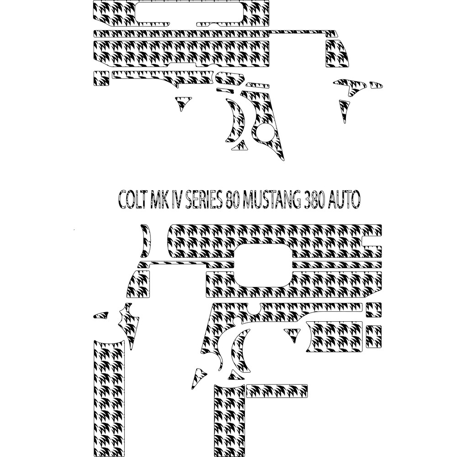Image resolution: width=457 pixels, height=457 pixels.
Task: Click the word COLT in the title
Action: point(132,199)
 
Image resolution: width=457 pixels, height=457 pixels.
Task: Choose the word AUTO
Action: point(344,199)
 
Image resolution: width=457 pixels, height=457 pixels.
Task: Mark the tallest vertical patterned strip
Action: point(109,398)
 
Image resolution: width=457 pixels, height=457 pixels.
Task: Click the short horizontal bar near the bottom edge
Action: point(277,390)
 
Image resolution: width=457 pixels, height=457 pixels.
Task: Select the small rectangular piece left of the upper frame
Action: point(101,78)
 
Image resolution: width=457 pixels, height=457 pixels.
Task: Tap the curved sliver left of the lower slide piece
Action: point(145,240)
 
